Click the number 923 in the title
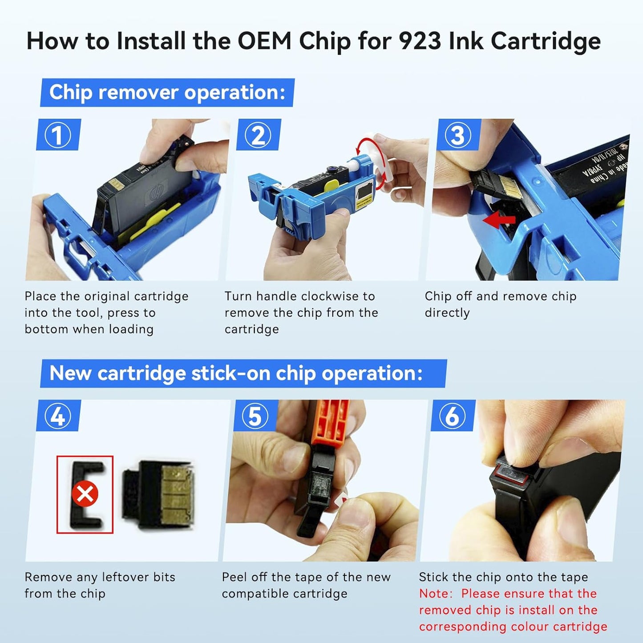(x=419, y=41)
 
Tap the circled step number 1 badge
(x=58, y=135)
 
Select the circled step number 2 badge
(x=258, y=135)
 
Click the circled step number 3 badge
(x=458, y=135)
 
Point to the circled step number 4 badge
(x=58, y=417)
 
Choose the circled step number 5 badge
(x=255, y=417)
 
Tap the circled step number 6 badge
(x=452, y=417)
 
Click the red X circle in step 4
(x=85, y=494)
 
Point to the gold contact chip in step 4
(x=178, y=494)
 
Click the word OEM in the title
(x=264, y=41)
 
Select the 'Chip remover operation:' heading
(x=167, y=93)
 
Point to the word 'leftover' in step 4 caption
(x=125, y=577)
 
